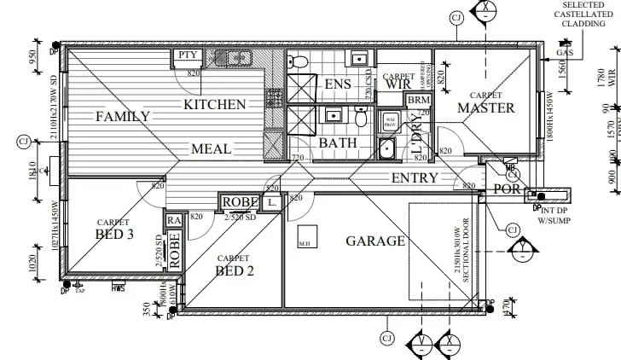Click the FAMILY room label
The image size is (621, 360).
pyautogui.click(x=123, y=117)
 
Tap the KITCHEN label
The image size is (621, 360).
pyautogui.click(x=215, y=105)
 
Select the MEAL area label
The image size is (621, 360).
pyautogui.click(x=211, y=149)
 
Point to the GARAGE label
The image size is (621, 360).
pyautogui.click(x=375, y=241)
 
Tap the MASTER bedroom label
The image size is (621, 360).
pyautogui.click(x=486, y=108)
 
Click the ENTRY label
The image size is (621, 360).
pyautogui.click(x=415, y=178)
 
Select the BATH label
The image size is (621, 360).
pyautogui.click(x=338, y=143)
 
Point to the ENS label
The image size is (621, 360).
pyautogui.click(x=339, y=84)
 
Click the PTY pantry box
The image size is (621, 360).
pyautogui.click(x=188, y=56)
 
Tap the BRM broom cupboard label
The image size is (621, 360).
pyautogui.click(x=418, y=101)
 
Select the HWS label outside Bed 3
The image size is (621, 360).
pyautogui.click(x=118, y=289)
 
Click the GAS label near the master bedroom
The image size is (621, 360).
pyautogui.click(x=563, y=53)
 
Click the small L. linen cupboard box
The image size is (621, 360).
pyautogui.click(x=270, y=203)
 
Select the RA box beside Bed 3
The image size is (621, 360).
pyautogui.click(x=174, y=220)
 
